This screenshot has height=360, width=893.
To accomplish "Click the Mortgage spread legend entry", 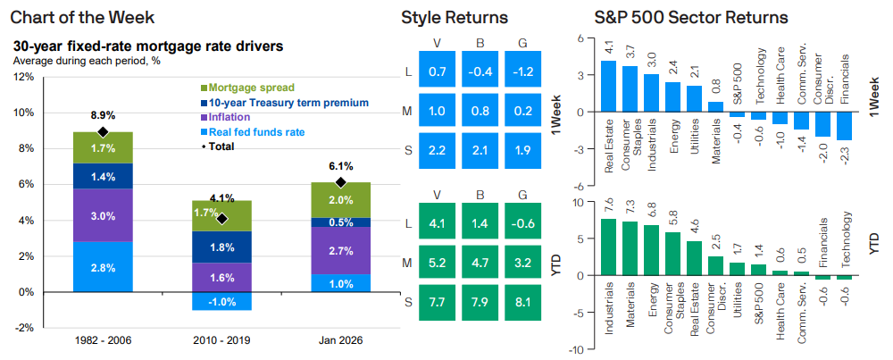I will tap(246, 88).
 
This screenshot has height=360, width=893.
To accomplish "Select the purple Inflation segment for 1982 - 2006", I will tap(103, 215).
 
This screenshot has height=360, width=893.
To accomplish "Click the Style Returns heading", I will tap(455, 18).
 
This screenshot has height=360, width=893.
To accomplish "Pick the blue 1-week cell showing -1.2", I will tap(523, 70).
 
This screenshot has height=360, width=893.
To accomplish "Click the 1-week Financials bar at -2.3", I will tap(845, 127).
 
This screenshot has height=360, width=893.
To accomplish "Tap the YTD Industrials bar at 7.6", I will tap(609, 247).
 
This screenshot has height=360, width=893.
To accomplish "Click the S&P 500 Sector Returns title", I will tap(691, 18).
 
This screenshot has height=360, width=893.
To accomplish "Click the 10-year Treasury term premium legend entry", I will tap(284, 103).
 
